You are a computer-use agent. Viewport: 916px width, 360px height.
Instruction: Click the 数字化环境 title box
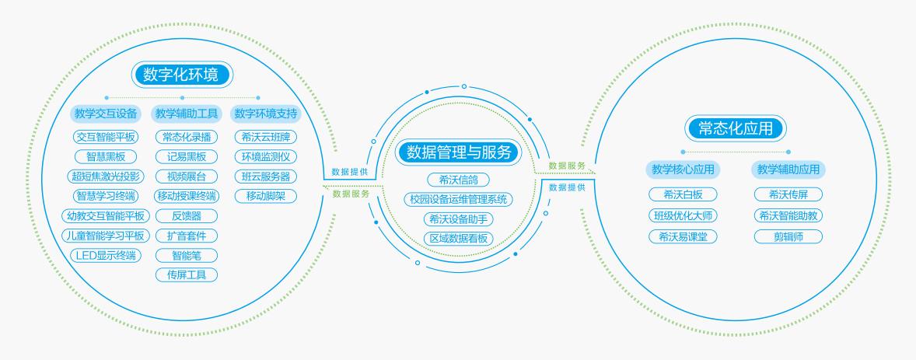point(183,74)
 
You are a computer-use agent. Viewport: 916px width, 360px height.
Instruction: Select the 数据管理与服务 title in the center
point(458,152)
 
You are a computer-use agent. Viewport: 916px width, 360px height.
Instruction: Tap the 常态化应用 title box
point(735,128)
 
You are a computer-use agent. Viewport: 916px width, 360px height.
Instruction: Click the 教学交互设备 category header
point(106,114)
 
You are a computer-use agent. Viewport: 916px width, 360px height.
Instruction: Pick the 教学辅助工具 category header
point(187,114)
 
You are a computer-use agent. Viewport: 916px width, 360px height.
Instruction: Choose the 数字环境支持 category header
point(265,114)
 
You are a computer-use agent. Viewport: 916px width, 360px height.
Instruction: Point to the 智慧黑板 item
point(105,156)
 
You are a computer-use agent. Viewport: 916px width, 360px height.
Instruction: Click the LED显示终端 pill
point(105,255)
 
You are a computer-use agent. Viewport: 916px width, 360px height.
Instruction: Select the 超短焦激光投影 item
point(105,177)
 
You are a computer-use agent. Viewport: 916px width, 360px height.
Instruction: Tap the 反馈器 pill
point(187,215)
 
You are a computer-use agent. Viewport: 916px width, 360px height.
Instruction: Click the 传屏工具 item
point(187,274)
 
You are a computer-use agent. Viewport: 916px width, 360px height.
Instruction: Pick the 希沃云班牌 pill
point(265,137)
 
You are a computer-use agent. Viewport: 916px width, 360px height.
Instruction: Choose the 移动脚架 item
point(265,196)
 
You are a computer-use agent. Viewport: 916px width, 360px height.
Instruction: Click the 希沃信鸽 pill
point(458,180)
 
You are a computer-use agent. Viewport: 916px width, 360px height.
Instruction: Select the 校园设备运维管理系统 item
point(458,200)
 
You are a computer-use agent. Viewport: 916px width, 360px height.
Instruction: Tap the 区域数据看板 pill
point(458,238)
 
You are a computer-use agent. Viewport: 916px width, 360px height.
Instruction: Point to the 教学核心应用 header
point(682,169)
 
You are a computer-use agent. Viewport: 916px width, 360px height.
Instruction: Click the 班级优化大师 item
point(682,215)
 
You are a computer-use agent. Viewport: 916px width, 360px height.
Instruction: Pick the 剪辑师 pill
point(788,236)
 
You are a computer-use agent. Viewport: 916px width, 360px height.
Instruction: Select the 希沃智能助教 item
point(788,215)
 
